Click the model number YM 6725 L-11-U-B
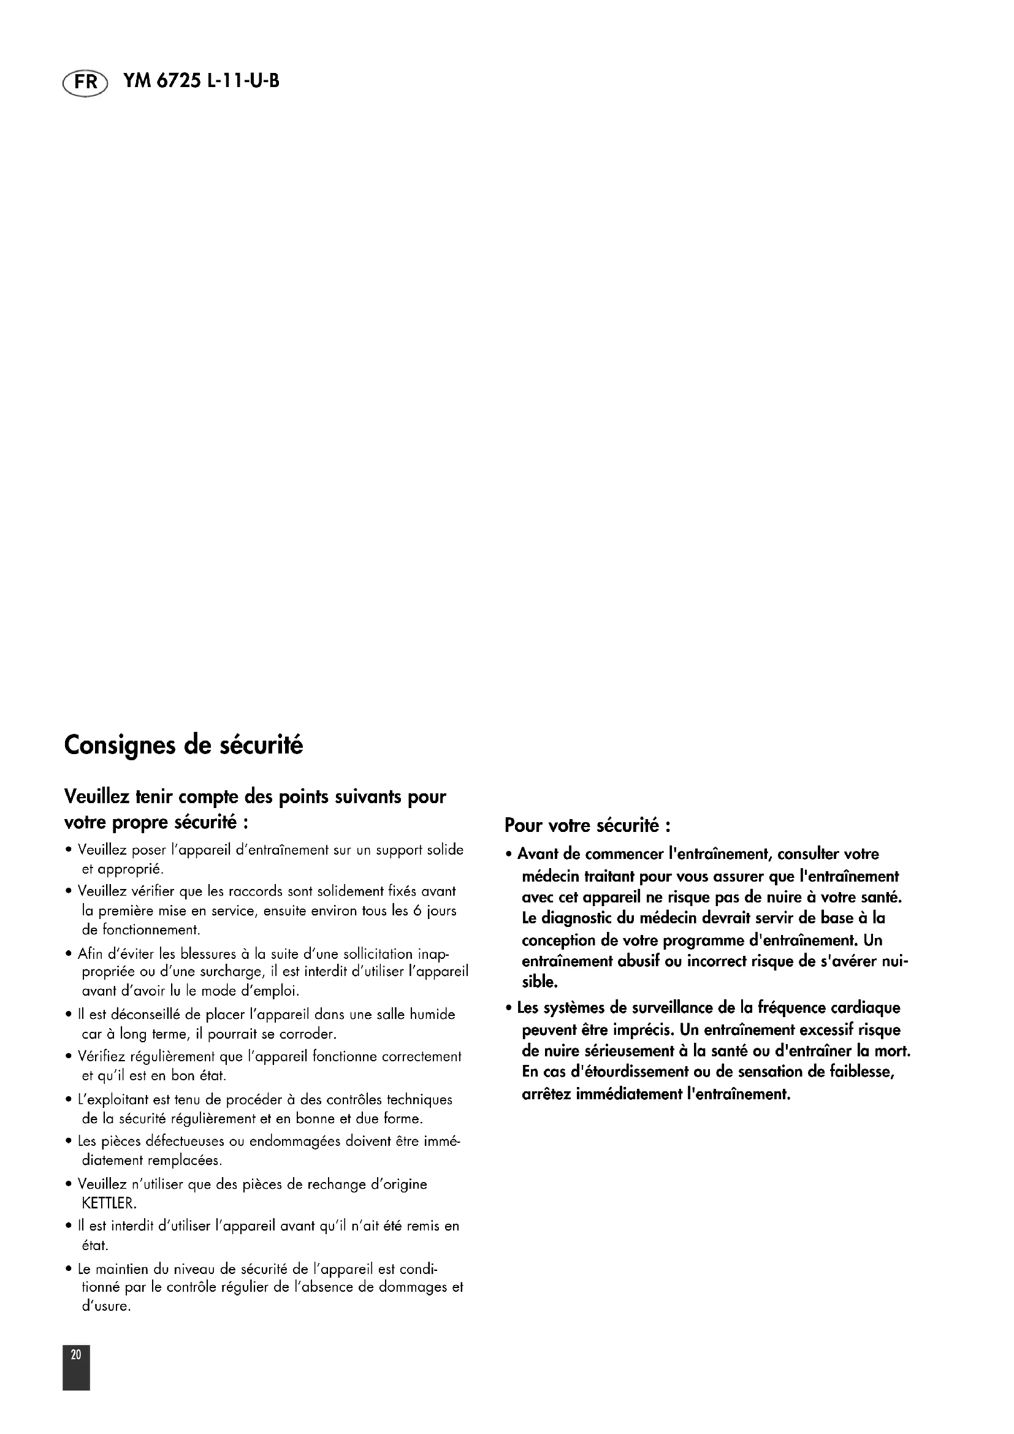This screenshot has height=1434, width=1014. (x=201, y=81)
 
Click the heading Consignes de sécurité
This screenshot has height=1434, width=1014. (x=183, y=746)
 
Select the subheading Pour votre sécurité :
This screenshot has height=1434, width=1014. (x=587, y=826)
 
